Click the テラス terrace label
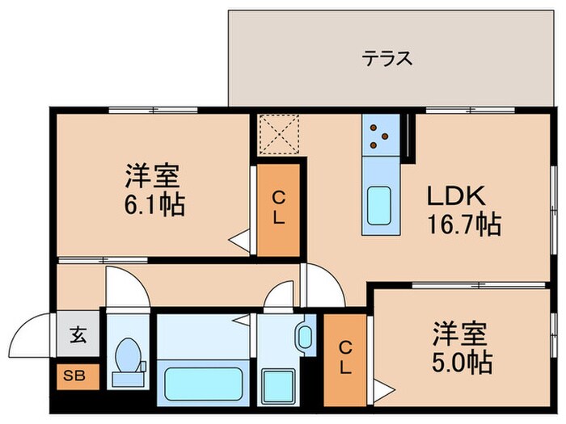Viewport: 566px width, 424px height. point(387,58)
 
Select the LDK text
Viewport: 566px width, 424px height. point(455,196)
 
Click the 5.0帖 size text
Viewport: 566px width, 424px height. point(463,362)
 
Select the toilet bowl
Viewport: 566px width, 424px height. point(127,356)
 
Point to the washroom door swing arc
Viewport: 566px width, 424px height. point(279,296)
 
